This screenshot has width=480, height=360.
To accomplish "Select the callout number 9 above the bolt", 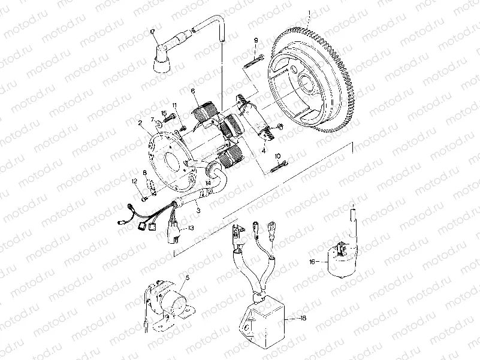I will (x=255, y=41).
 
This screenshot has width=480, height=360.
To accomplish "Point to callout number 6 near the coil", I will (x=193, y=91).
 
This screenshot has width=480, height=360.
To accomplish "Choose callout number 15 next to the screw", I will (x=164, y=113).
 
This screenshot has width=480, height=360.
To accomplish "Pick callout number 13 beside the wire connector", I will (x=191, y=228).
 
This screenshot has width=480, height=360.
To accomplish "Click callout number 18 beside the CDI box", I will (x=303, y=319).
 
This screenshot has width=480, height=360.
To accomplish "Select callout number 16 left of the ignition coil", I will (x=312, y=262).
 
